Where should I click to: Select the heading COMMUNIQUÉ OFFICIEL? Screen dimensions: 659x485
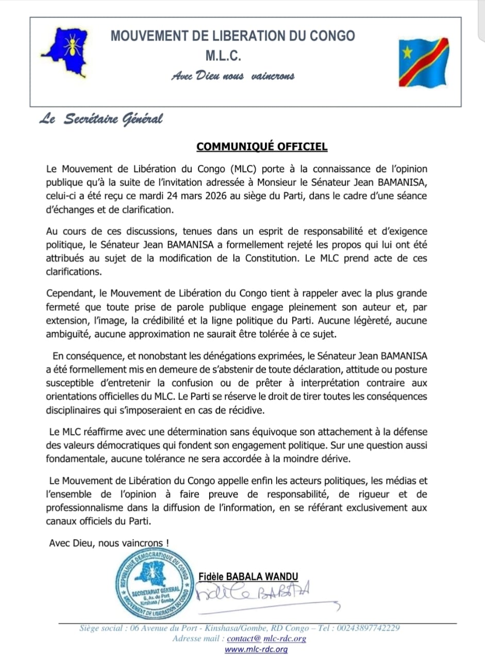click(x=262, y=147)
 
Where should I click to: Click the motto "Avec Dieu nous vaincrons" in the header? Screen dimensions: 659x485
click(x=233, y=76)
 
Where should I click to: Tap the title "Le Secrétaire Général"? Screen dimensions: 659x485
click(x=101, y=119)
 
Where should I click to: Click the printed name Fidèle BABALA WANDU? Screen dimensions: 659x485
click(x=248, y=577)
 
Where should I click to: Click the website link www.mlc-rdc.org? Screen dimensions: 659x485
click(x=256, y=649)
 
